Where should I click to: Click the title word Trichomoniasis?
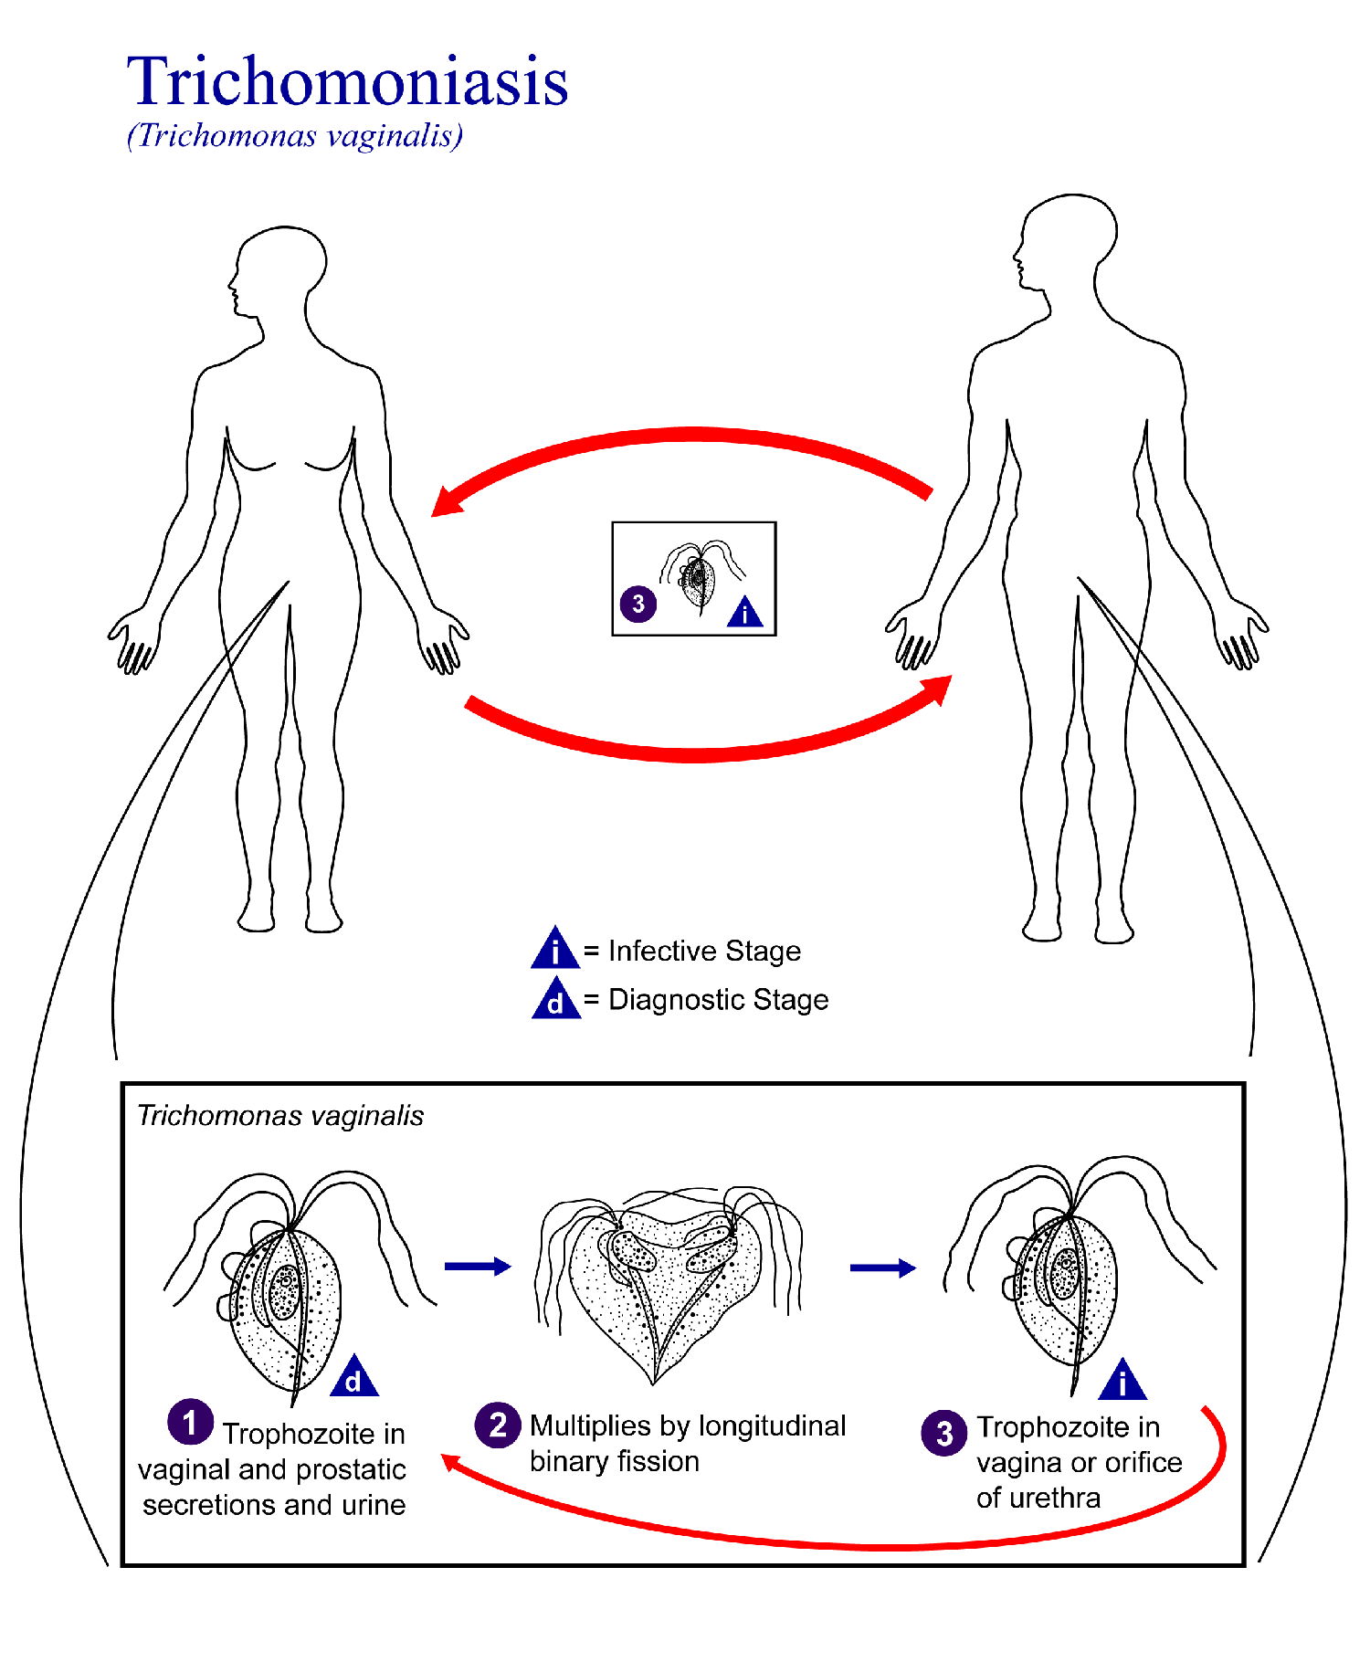pos(347,82)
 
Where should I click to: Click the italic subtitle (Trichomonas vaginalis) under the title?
pos(295,136)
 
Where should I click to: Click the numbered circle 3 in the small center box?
pos(638,604)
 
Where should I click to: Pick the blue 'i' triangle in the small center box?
pos(745,612)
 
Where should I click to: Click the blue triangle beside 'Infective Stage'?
pos(554,950)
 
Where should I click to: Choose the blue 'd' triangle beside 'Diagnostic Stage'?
pos(555,1000)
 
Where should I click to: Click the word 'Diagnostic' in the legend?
pos(677,1000)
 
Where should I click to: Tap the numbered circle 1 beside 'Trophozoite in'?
pos(190,1422)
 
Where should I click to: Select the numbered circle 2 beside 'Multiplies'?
pos(498,1425)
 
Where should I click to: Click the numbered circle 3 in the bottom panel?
pos(944,1433)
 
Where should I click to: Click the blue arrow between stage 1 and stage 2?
pos(477,1266)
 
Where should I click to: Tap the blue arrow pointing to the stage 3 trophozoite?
pos(882,1268)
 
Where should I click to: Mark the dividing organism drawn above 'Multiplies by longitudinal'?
pos(667,1278)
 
